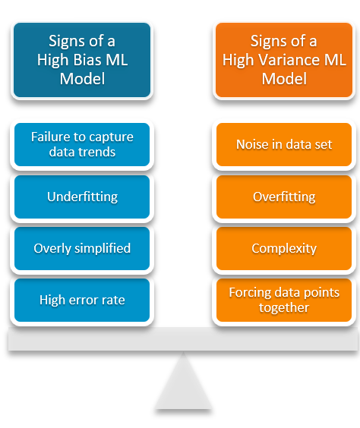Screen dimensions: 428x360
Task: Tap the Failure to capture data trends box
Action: (x=82, y=144)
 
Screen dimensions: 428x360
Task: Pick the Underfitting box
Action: (x=82, y=197)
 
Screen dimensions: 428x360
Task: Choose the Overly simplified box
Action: (x=82, y=248)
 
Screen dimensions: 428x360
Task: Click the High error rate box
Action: (x=82, y=300)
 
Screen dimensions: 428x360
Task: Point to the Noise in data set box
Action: (x=284, y=144)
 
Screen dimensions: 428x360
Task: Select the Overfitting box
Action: (x=284, y=197)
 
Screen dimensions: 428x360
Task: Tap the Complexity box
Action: (x=284, y=248)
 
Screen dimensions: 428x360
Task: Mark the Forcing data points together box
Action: (x=284, y=300)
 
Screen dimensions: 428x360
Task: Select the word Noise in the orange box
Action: (x=252, y=144)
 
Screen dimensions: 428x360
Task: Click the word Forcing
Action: (x=251, y=292)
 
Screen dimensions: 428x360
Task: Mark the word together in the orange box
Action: (x=284, y=307)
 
